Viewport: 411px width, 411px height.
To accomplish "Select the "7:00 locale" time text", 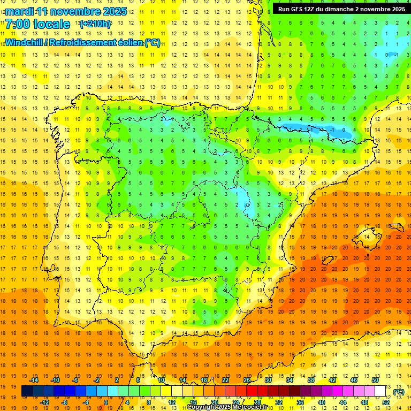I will (x=37, y=25).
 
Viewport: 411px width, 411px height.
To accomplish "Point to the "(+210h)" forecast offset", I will (x=95, y=24).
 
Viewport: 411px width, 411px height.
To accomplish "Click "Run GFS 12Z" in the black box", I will (x=298, y=9).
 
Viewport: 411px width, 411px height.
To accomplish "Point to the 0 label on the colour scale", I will (x=106, y=402).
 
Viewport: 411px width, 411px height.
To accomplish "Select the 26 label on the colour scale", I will (x=247, y=379).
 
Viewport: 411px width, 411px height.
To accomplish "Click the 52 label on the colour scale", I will (x=386, y=402).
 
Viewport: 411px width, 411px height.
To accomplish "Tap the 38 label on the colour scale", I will (x=311, y=379).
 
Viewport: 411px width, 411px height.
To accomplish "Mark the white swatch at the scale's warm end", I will (x=380, y=391).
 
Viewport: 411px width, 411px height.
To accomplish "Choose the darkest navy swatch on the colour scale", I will (x=27, y=391).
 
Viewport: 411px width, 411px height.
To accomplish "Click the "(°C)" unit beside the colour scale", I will (x=398, y=391).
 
